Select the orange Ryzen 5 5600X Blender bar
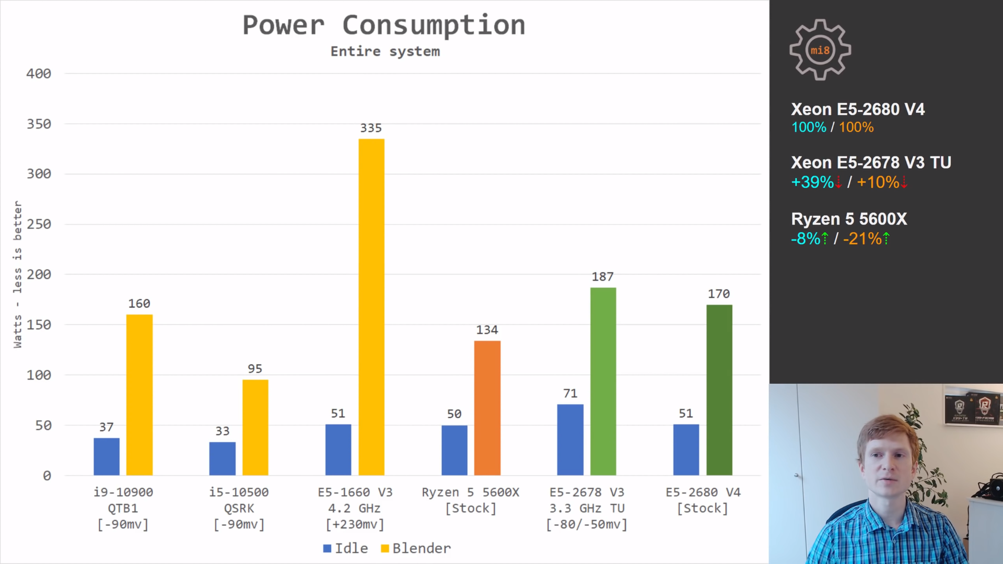tap(487, 408)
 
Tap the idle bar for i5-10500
tap(222, 459)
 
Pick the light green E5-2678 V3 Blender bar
tap(603, 381)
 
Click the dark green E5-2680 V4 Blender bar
tap(719, 390)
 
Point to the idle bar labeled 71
tap(570, 440)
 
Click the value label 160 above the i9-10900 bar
tap(139, 303)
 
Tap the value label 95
tap(254, 369)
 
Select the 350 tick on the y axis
tap(39, 124)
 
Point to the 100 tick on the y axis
tap(39, 375)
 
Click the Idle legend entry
tap(345, 548)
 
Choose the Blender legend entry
tap(416, 548)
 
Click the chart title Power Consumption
tap(384, 25)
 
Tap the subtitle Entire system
tap(385, 51)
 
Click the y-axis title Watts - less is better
tap(18, 274)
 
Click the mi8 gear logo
tap(820, 50)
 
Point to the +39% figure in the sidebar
tap(812, 182)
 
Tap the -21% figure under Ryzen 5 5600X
tap(862, 239)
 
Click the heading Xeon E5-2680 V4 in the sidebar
tap(858, 109)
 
